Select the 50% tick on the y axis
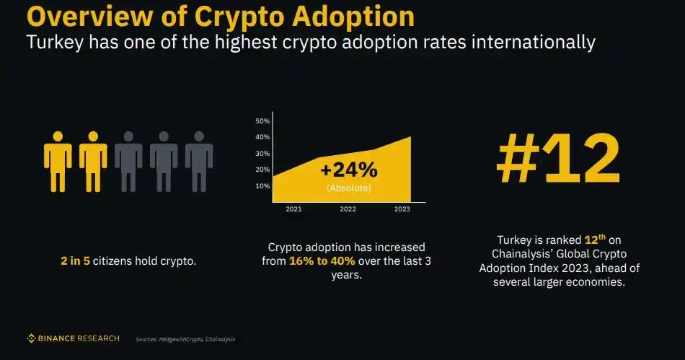tap(262, 120)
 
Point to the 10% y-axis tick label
tap(262, 185)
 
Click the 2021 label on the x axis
tap(293, 209)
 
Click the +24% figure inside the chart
tap(348, 170)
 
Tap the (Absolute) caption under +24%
tap(348, 188)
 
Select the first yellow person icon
tap(58, 161)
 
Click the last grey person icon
tap(199, 161)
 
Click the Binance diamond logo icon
tap(32, 338)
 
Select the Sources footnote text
tap(185, 338)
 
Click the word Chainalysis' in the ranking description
tap(523, 253)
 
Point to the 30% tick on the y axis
tap(262, 153)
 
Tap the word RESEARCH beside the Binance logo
tap(100, 338)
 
